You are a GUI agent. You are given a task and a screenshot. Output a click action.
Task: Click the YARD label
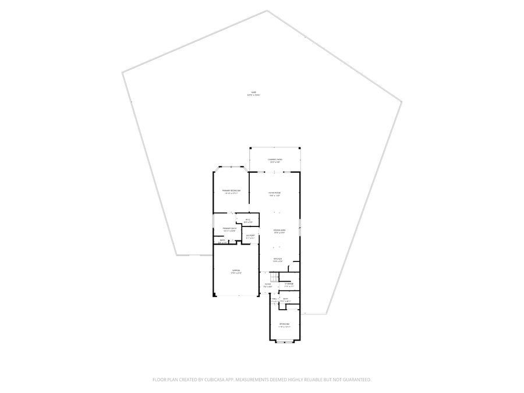[253, 93]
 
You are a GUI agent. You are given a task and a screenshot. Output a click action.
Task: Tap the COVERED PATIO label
[275, 160]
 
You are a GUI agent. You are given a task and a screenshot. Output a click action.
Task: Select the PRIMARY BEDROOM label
[231, 191]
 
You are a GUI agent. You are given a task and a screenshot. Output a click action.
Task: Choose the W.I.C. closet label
[247, 219]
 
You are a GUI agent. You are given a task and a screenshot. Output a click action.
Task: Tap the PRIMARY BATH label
[229, 229]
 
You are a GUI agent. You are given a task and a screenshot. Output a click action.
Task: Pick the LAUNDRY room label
[250, 236]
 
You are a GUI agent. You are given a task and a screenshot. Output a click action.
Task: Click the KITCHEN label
[278, 259]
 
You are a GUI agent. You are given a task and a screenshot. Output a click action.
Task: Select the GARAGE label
[236, 271]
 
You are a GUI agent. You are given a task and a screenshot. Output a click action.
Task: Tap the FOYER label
[268, 285]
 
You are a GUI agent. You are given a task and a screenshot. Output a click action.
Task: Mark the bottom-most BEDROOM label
[285, 324]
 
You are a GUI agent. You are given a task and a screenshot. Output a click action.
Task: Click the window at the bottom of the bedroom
[285, 341]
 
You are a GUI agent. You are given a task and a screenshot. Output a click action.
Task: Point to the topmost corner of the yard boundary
[267, 10]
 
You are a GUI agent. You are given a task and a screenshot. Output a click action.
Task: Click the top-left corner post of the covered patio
[250, 147]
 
